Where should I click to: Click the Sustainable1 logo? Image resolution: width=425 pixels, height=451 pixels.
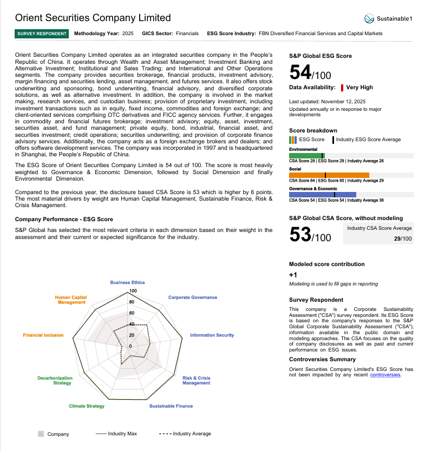pyautogui.click(x=388, y=19)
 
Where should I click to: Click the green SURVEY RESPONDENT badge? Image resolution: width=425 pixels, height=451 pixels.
pyautogui.click(x=42, y=34)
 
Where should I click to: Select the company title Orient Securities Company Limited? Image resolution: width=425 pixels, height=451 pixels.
pyautogui.click(x=93, y=18)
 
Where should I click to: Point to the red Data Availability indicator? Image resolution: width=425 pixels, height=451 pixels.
pyautogui.click(x=342, y=88)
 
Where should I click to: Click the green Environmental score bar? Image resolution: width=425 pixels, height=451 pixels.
pyautogui.click(x=306, y=156)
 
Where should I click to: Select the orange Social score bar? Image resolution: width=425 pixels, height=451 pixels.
pyautogui.click(x=329, y=175)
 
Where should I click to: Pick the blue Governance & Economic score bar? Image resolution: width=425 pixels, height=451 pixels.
pyautogui.click(x=322, y=195)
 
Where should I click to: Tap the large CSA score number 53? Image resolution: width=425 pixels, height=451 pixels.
pyautogui.click(x=300, y=234)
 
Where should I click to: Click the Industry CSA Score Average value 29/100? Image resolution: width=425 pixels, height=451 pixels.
pyautogui.click(x=403, y=238)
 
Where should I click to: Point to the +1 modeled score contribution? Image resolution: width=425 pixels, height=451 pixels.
pyautogui.click(x=293, y=275)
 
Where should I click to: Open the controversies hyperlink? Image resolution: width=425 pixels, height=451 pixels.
pyautogui.click(x=385, y=374)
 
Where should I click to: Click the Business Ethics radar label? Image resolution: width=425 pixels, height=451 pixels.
pyautogui.click(x=127, y=282)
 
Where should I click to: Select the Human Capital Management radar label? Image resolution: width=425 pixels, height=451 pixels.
pyautogui.click(x=71, y=300)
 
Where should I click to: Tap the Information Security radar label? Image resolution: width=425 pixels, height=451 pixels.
pyautogui.click(x=212, y=335)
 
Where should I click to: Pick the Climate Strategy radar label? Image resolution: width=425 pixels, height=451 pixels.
pyautogui.click(x=87, y=406)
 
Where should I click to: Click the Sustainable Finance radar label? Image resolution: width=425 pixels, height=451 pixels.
pyautogui.click(x=171, y=406)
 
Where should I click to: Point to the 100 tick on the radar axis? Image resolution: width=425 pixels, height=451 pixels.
pyautogui.click(x=133, y=291)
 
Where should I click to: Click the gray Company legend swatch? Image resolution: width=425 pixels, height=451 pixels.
pyautogui.click(x=41, y=434)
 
